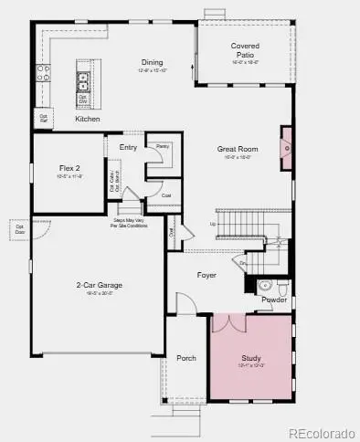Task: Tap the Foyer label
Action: click(206, 274)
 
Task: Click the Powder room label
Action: click(274, 300)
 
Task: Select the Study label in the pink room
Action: click(251, 359)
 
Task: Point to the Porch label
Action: click(186, 358)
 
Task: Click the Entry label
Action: click(128, 146)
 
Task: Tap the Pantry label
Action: click(163, 146)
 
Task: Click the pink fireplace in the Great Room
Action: click(286, 142)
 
